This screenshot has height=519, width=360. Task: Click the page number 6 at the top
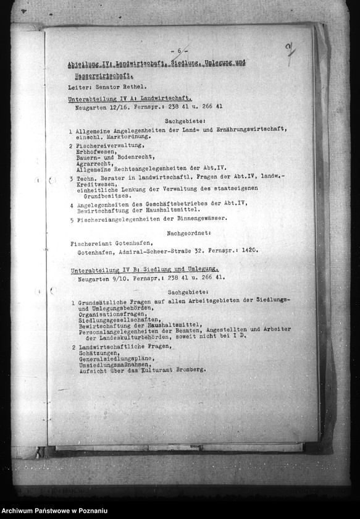pos(179,51)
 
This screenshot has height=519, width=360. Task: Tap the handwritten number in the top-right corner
pos(289,52)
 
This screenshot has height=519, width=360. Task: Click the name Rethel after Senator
pos(130,88)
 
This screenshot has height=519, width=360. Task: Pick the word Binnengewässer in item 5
pos(199,218)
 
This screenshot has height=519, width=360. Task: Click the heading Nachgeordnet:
pos(189,234)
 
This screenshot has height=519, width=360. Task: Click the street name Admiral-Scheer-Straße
pos(163,251)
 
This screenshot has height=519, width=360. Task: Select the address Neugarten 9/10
pos(98,277)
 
